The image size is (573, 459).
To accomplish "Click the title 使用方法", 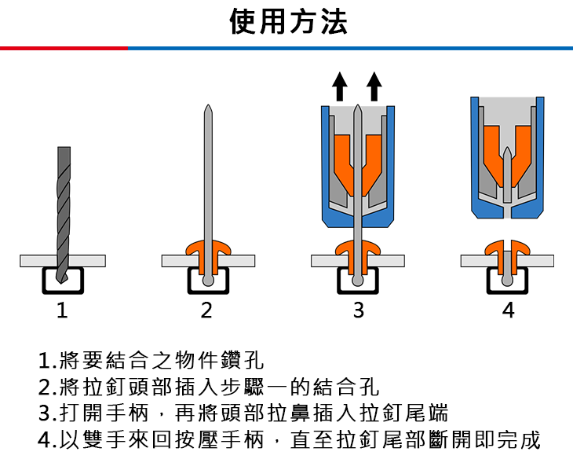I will tap(288, 21).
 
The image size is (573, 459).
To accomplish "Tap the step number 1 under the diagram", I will tap(62, 311).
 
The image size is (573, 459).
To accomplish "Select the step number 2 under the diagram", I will tap(206, 311).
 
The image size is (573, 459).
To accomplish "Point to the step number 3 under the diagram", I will tap(358, 311).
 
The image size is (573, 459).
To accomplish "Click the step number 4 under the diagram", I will tap(508, 311).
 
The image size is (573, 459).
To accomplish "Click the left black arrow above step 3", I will tap(339, 85).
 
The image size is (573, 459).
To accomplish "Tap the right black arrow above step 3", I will tap(375, 85).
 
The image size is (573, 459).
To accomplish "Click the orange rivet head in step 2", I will tap(207, 249).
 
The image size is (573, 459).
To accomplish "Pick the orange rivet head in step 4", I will tap(507, 247).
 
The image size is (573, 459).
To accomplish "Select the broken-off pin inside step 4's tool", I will tap(507, 165).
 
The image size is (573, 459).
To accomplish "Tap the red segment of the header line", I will tap(63, 49).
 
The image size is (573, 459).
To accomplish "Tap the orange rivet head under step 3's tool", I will tap(357, 249).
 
